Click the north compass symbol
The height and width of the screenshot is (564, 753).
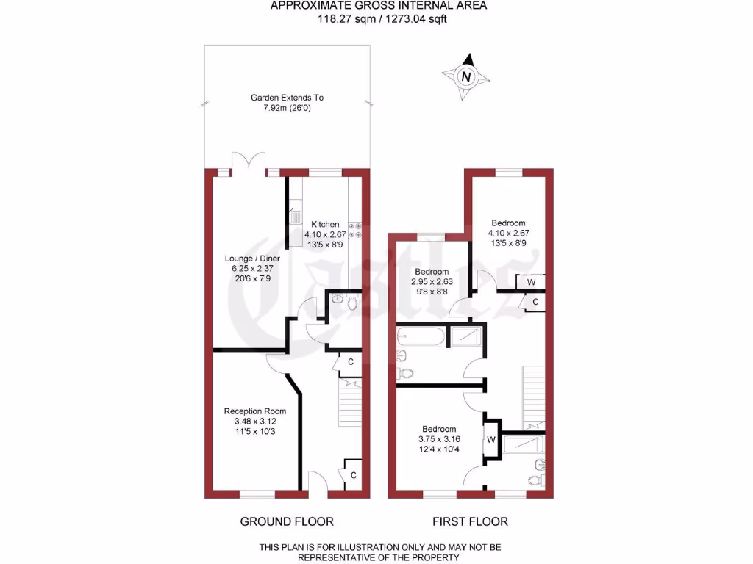point(465,76)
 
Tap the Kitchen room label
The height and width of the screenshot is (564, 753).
point(325,224)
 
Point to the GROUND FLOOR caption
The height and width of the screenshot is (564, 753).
point(287,521)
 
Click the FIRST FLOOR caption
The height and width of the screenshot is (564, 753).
point(471,521)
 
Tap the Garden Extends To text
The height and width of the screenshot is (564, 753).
point(287,98)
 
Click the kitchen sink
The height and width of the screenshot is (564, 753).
point(296,211)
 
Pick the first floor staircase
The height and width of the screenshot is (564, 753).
point(534,397)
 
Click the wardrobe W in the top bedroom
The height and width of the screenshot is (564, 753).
point(530,281)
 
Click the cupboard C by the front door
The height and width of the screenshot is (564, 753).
point(353,475)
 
